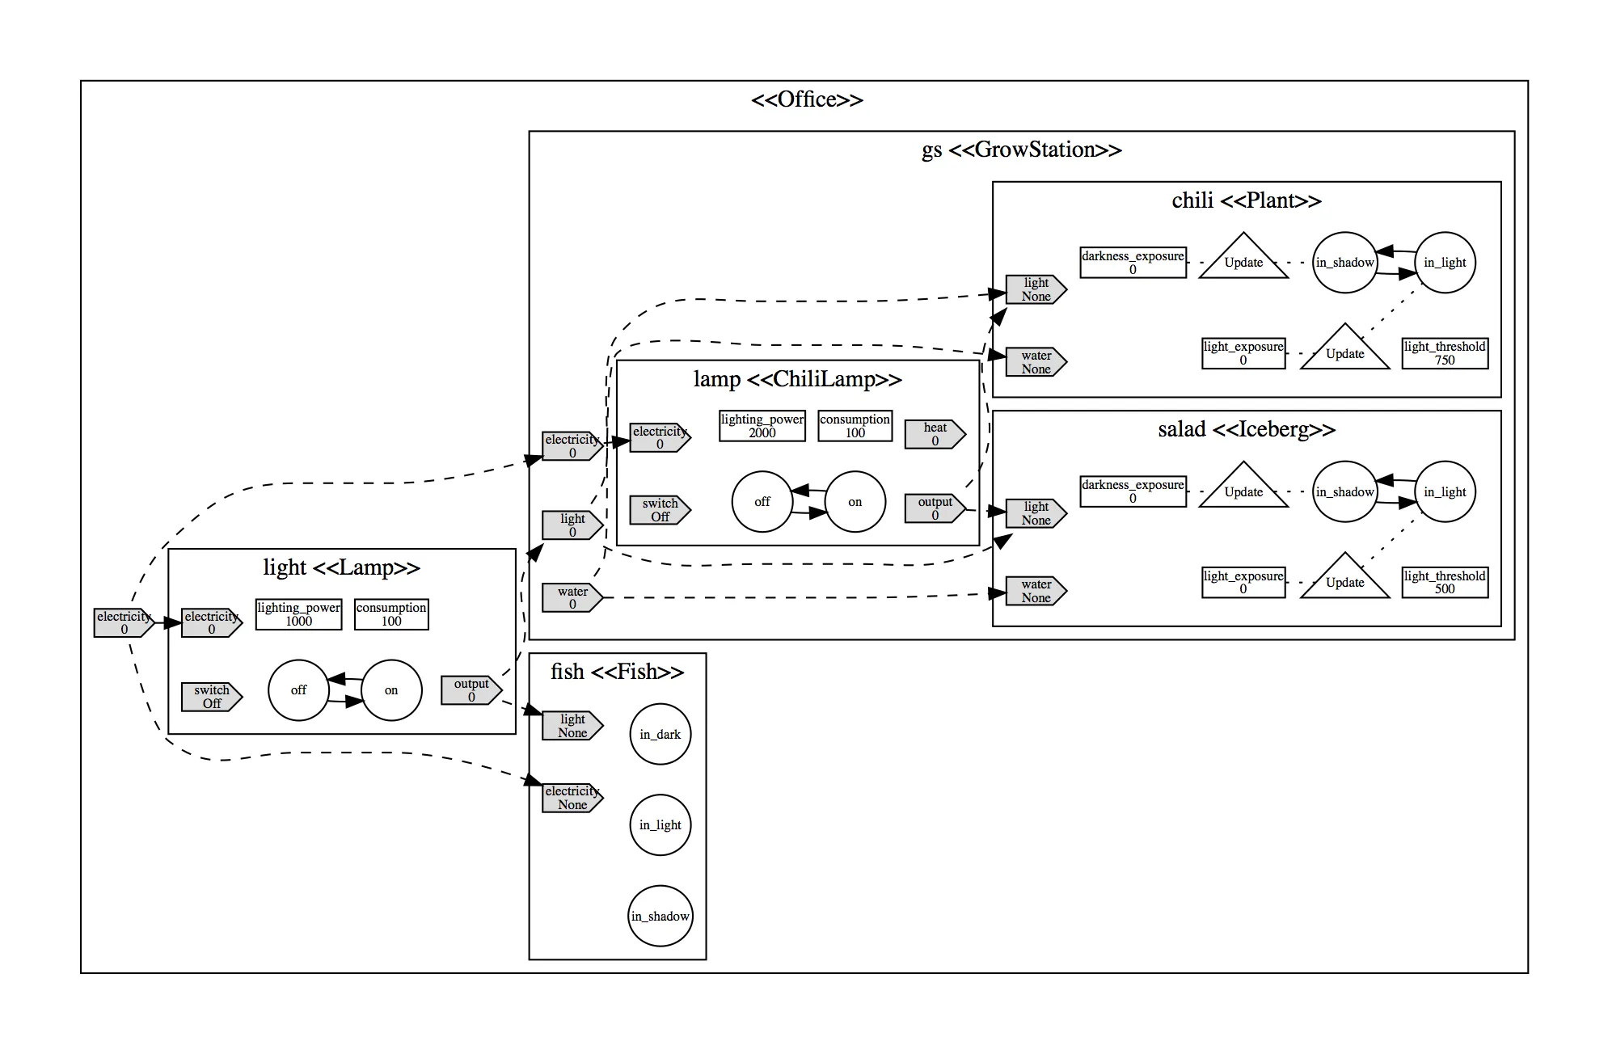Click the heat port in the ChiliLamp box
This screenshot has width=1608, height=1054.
(934, 434)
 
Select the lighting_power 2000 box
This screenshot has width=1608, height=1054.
(762, 426)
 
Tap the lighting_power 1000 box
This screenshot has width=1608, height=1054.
(298, 614)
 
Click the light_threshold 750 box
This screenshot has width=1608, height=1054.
(1445, 353)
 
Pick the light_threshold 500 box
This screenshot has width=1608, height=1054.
(1445, 582)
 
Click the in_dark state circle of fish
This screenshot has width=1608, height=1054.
(660, 734)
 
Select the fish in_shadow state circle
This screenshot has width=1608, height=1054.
(660, 916)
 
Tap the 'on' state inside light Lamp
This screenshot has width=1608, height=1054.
(391, 690)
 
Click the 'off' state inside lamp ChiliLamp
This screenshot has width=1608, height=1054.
(762, 502)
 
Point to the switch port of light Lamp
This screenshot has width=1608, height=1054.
(211, 697)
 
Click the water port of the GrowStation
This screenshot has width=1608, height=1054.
(572, 598)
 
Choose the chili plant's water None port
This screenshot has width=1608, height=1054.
(1035, 362)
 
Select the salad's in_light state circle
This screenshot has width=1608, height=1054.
(1445, 491)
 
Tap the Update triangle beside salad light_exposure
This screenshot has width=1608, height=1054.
(1344, 579)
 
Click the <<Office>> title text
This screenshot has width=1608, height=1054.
(806, 99)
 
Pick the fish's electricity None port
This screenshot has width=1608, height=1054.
(572, 798)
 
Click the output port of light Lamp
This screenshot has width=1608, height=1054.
(471, 690)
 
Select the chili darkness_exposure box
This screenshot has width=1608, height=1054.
(1133, 263)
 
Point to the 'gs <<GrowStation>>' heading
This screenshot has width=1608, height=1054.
(1021, 150)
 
